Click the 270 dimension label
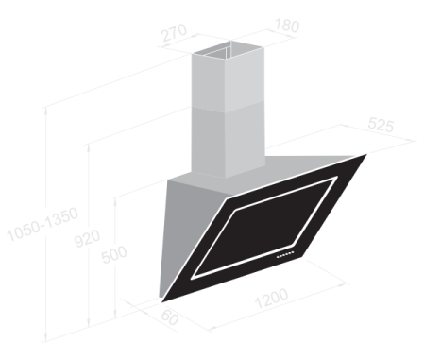[x=174, y=32]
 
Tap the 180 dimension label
[x=287, y=26]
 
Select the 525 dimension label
[x=381, y=125]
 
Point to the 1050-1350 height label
[x=42, y=224]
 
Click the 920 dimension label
[x=87, y=238]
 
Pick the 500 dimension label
[x=114, y=254]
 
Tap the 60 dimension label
[x=170, y=317]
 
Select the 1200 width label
[x=271, y=298]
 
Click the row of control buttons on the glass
[x=285, y=255]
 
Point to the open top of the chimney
[x=229, y=50]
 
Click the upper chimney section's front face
[x=245, y=81]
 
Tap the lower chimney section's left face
[x=209, y=142]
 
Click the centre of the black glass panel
[x=264, y=228]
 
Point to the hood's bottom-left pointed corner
[x=162, y=302]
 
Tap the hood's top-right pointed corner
[x=366, y=154]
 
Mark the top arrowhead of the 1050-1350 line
[x=46, y=110]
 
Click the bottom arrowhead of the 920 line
[x=89, y=324]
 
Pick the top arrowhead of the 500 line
[x=115, y=200]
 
